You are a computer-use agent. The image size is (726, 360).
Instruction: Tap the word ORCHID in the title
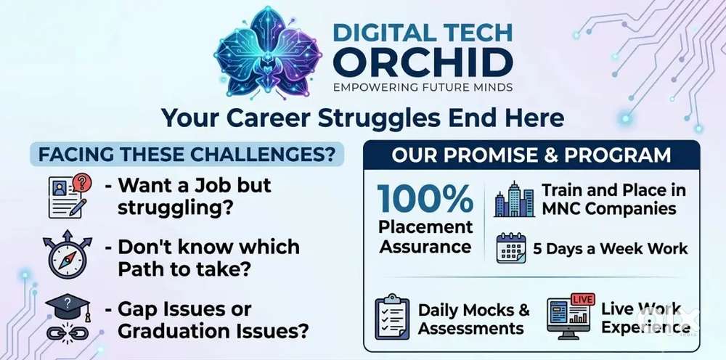[x=423, y=62]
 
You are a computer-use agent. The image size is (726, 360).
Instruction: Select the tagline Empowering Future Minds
[x=423, y=87]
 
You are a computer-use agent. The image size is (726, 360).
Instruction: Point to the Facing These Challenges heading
[x=187, y=154]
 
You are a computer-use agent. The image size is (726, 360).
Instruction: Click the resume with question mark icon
[x=70, y=196]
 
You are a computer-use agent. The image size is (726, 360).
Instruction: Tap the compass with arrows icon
[x=68, y=255]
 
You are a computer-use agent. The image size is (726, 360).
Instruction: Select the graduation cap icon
[x=68, y=307]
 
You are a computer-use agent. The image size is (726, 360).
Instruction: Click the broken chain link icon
[x=68, y=332]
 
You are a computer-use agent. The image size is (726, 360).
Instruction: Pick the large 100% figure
[x=425, y=199]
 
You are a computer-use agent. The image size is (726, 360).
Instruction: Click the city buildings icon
[x=514, y=200]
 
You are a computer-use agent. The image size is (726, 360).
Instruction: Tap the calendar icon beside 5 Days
[x=511, y=248]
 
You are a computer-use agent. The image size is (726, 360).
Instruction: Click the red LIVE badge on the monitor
[x=582, y=299]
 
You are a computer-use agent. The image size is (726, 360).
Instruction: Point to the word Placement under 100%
[x=425, y=227]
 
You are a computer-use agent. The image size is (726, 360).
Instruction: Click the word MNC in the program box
[x=562, y=208]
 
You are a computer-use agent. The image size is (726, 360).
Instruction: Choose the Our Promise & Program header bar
[x=531, y=155]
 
